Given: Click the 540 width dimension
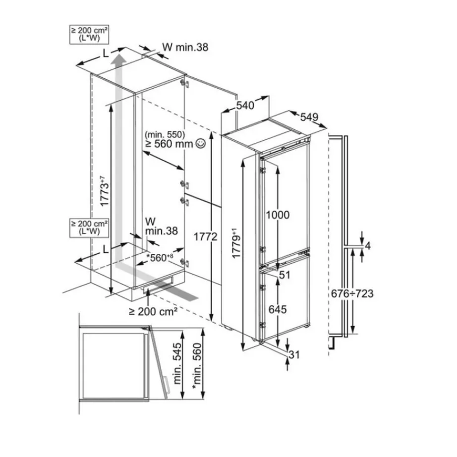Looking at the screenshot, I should click(245, 105).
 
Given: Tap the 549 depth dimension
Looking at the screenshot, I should click(308, 117).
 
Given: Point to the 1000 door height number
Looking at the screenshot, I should click(278, 215).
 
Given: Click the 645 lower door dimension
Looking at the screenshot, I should click(278, 310).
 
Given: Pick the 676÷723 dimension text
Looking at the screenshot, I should click(352, 293).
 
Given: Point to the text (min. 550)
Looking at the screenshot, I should click(165, 134).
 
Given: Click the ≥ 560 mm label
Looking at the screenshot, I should click(169, 144).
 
